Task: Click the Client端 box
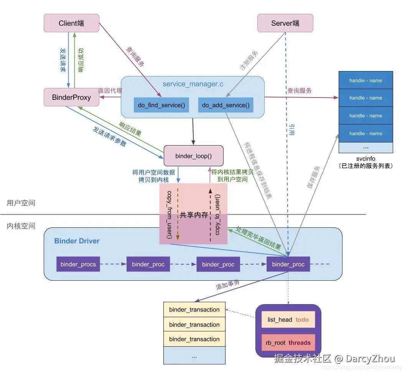(x=71, y=23)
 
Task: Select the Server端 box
(x=285, y=23)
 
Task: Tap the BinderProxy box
(x=71, y=97)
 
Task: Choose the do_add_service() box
(x=226, y=105)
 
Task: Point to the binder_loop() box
(x=193, y=156)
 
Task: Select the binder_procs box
(x=78, y=264)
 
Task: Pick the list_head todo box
(x=288, y=319)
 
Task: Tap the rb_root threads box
(x=288, y=343)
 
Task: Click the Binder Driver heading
(x=77, y=241)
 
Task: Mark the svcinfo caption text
(x=365, y=159)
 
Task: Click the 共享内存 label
(x=194, y=215)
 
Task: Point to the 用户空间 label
(x=21, y=203)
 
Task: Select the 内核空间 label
(x=21, y=226)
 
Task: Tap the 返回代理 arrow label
(x=110, y=91)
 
